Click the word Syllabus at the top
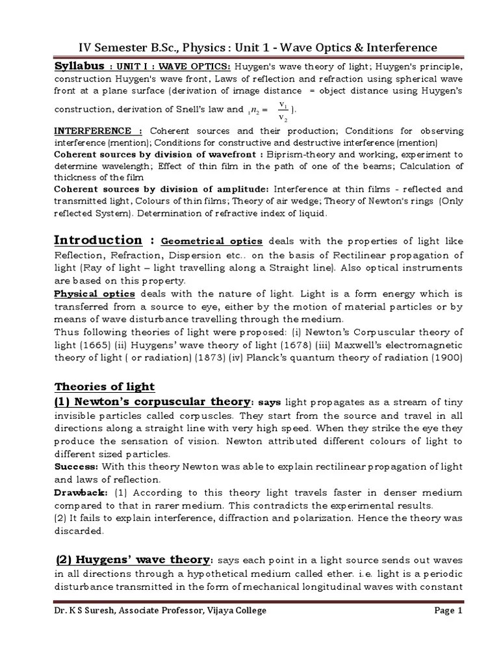(79, 66)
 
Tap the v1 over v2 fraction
(282, 111)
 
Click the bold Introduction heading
(98, 240)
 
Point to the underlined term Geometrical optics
(211, 241)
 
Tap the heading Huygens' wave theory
(133, 560)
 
